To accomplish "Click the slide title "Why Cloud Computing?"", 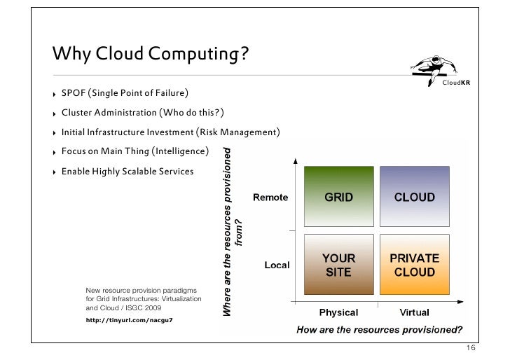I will click(x=151, y=54).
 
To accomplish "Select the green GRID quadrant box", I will click(x=338, y=197).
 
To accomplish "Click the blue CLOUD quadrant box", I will click(x=415, y=197).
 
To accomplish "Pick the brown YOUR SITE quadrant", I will click(x=338, y=265).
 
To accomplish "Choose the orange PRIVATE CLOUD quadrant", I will click(x=415, y=265).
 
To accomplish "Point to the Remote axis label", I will click(x=270, y=198).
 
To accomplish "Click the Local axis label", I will click(x=277, y=265).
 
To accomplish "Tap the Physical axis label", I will click(x=338, y=312).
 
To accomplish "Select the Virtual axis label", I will click(x=415, y=312).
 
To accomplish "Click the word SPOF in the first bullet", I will click(x=74, y=93).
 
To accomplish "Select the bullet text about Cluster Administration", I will click(x=143, y=113).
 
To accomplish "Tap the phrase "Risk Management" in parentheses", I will click(x=240, y=132).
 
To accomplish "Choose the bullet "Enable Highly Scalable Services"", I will click(x=127, y=171).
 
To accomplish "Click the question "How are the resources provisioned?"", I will click(x=380, y=329).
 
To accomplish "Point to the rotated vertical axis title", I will click(x=233, y=231).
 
